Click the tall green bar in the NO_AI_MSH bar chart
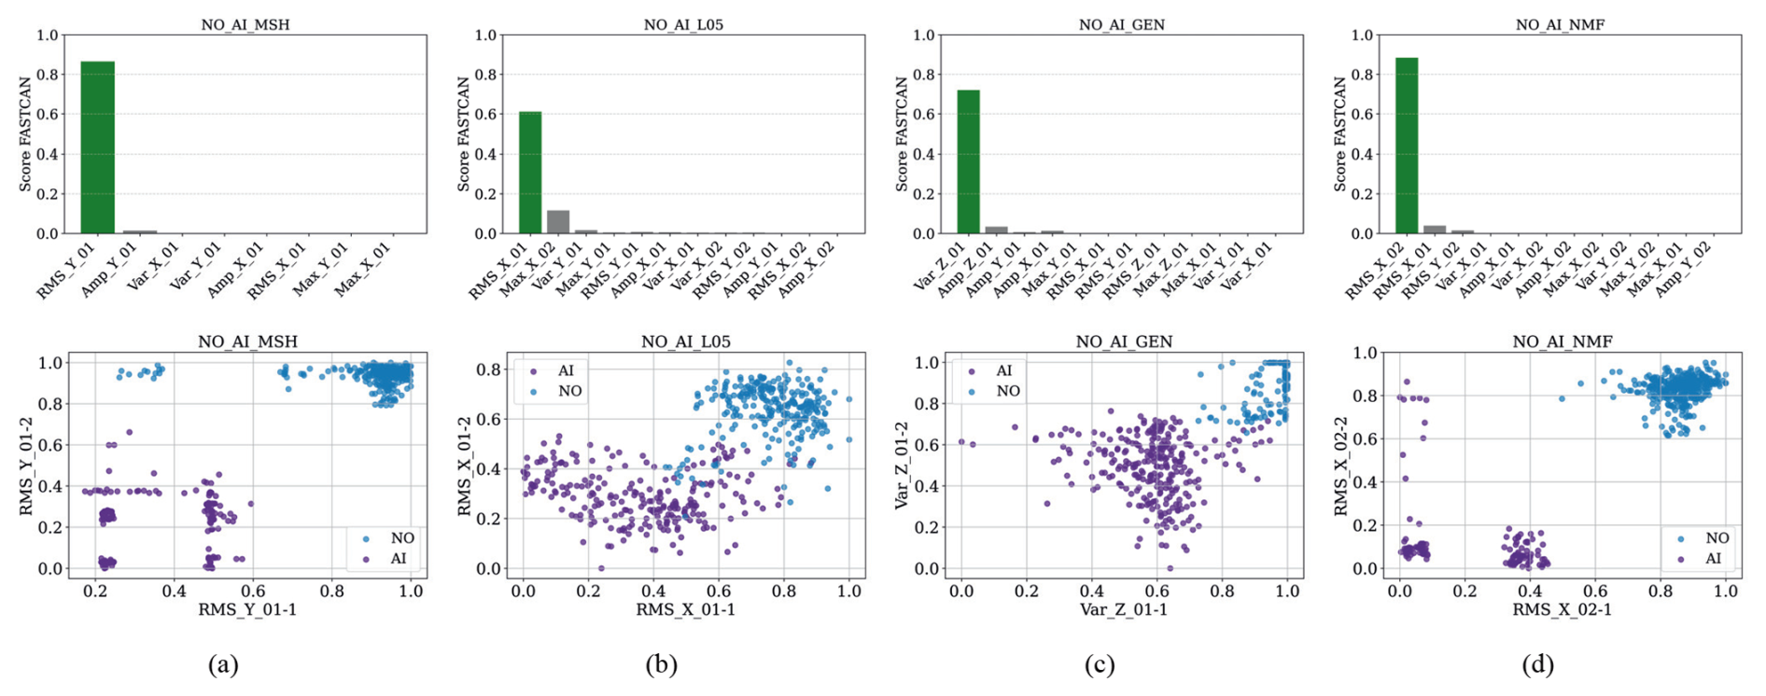97,147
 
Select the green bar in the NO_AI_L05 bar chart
530,173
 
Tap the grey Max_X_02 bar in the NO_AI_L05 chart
558,222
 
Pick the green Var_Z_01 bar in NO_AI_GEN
969,161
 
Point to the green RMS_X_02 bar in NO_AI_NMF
1407,146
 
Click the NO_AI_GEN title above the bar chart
1121,25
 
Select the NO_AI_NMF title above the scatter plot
1562,342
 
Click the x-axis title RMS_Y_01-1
246,610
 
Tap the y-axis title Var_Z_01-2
902,466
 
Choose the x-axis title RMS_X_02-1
1562,610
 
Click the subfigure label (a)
223,664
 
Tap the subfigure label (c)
1100,664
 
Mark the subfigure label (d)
1537,664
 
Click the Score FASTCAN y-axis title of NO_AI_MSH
25,134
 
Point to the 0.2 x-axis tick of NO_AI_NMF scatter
1465,592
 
